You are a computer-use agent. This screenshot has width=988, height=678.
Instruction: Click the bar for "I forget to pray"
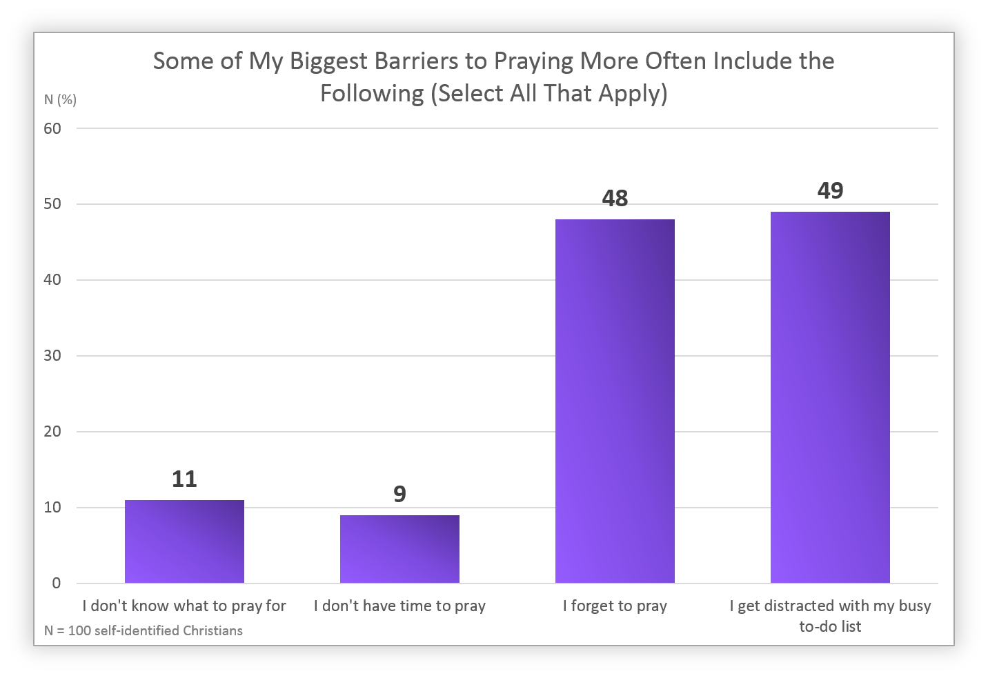pyautogui.click(x=615, y=401)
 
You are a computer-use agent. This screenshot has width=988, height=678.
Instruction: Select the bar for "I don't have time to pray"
pyautogui.click(x=399, y=549)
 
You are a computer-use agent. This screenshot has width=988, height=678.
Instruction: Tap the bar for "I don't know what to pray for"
pyautogui.click(x=184, y=541)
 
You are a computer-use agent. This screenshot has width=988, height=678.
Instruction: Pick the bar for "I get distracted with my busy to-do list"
pyautogui.click(x=830, y=397)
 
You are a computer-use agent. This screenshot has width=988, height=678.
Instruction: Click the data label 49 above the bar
pyautogui.click(x=830, y=190)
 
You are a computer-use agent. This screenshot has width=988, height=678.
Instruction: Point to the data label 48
pyautogui.click(x=615, y=199)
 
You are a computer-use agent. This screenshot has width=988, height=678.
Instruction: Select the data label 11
pyautogui.click(x=184, y=479)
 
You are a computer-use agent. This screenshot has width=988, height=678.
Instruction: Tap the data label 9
pyautogui.click(x=399, y=494)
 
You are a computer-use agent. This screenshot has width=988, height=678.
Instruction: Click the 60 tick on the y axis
pyautogui.click(x=52, y=128)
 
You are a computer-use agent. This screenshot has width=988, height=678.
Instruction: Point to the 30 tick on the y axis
pyautogui.click(x=52, y=355)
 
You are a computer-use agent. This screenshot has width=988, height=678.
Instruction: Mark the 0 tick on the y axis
pyautogui.click(x=57, y=583)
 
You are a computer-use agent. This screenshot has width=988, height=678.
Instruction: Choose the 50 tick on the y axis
pyautogui.click(x=52, y=204)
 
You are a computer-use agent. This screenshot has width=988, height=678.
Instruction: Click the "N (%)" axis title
pyautogui.click(x=60, y=100)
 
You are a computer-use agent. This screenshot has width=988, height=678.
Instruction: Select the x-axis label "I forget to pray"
pyautogui.click(x=615, y=606)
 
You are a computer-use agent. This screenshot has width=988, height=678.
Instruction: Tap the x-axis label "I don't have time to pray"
pyautogui.click(x=399, y=606)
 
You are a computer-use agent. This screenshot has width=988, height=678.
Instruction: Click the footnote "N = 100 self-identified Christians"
pyautogui.click(x=144, y=630)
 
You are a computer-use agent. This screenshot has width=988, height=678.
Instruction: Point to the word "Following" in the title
pyautogui.click(x=372, y=93)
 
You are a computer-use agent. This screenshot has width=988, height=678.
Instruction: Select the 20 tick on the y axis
pyautogui.click(x=52, y=431)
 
